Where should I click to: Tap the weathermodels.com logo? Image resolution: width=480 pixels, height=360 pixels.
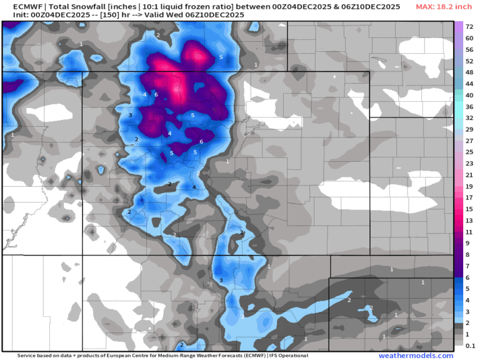(x=416, y=356)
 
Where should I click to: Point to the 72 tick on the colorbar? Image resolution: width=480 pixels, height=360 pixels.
(x=468, y=27)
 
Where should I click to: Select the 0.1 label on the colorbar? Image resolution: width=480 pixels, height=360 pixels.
(x=469, y=346)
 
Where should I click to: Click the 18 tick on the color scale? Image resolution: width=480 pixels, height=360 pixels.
(x=468, y=197)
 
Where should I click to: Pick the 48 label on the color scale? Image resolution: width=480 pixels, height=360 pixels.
(x=468, y=72)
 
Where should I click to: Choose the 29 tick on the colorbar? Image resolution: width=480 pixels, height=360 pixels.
(x=468, y=129)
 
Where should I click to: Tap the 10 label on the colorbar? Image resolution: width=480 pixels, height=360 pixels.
(x=468, y=243)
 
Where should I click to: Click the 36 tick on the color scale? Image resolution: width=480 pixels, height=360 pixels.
(x=468, y=107)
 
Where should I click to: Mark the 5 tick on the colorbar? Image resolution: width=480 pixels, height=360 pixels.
(x=468, y=289)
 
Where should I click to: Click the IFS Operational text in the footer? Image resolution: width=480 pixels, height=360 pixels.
(x=288, y=356)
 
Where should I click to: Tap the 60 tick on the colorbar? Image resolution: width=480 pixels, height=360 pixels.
(x=468, y=39)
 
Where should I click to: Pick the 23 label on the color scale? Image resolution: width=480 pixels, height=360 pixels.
(x=468, y=164)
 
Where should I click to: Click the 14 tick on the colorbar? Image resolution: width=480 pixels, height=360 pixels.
(x=468, y=209)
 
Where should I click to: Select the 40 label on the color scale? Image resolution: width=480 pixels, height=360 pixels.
(x=468, y=96)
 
